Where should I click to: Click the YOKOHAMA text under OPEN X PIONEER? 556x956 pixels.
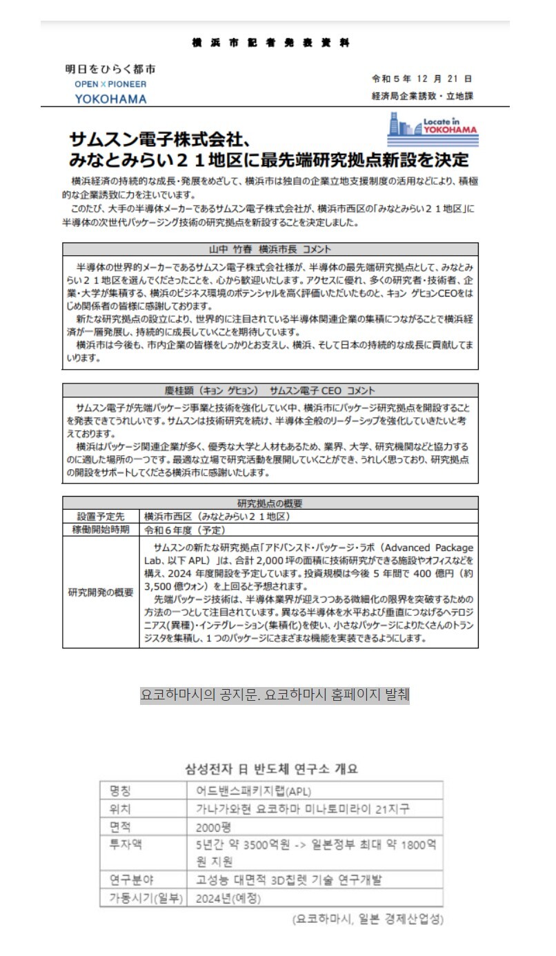(110, 99)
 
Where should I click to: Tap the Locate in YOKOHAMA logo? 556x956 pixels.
(433, 129)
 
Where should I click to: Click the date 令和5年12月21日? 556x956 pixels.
(421, 79)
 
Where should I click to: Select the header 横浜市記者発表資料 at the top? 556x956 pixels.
(270, 43)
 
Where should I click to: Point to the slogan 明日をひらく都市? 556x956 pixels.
(110, 70)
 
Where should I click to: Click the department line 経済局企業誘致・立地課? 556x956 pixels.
(422, 97)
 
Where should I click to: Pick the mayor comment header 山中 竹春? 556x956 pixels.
(270, 248)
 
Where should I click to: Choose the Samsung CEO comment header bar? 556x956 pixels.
(270, 390)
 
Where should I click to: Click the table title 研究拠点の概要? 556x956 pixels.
(270, 503)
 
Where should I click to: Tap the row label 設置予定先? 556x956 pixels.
(101, 516)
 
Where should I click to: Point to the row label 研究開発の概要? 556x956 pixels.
(101, 592)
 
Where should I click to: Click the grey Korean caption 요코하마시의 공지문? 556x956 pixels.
(275, 695)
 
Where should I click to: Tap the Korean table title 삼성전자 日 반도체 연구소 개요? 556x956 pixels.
(272, 768)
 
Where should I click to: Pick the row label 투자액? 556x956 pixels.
(121, 844)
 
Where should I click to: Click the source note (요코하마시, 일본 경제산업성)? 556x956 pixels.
(367, 919)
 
